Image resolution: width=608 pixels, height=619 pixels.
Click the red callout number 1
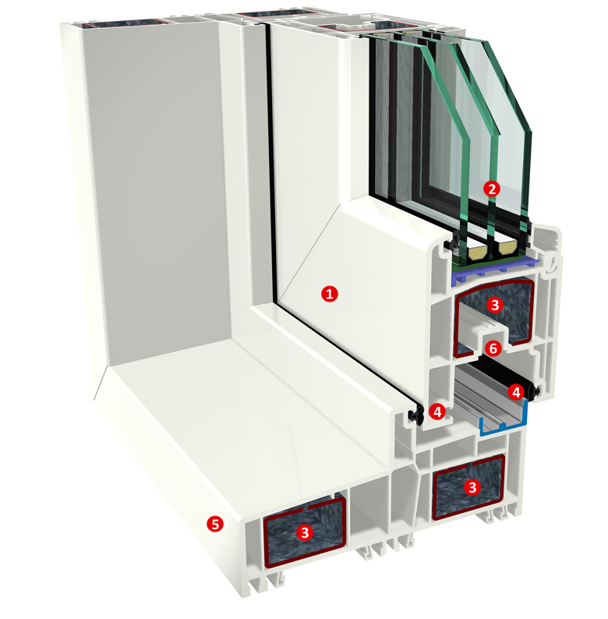click(330, 294)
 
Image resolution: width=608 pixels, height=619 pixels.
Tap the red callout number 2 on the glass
click(492, 189)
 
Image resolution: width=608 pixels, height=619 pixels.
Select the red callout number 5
click(215, 524)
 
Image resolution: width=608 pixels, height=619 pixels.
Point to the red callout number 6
click(493, 348)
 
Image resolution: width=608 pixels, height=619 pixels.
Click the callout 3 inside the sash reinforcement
click(495, 305)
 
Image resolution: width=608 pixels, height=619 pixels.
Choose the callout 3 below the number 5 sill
click(305, 532)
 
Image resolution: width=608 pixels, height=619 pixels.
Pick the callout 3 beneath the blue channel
click(472, 487)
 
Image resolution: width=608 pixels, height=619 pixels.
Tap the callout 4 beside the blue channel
click(515, 392)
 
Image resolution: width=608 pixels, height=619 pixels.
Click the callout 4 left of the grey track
click(437, 412)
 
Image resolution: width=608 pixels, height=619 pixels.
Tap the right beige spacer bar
click(507, 248)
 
